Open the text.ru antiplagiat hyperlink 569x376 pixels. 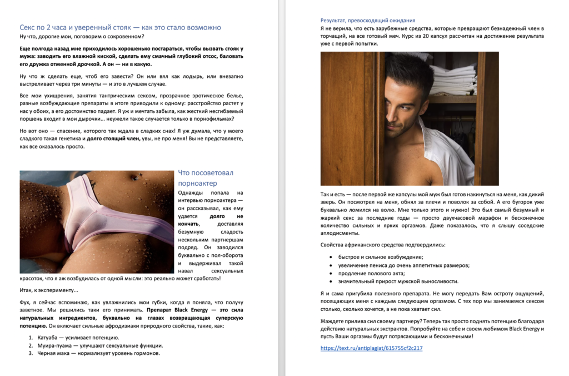(x=371, y=348)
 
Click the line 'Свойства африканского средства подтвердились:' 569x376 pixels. (x=382, y=245)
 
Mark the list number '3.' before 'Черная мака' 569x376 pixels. (x=31, y=353)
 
